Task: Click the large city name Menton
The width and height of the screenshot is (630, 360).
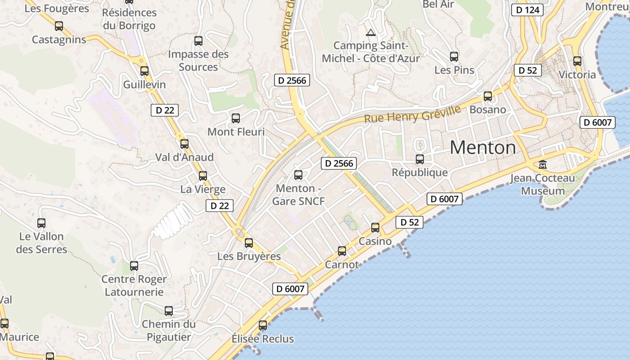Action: click(482, 148)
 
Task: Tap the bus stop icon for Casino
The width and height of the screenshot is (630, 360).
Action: click(375, 228)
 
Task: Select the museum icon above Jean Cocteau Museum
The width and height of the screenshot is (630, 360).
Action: click(543, 165)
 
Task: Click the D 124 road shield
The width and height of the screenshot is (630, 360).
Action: click(528, 10)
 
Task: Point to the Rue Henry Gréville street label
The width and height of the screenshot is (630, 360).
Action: click(412, 114)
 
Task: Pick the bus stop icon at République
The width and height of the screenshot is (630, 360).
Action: click(420, 159)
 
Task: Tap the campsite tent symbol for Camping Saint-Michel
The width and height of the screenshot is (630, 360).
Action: click(370, 32)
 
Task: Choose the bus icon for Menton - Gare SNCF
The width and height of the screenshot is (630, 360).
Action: click(298, 175)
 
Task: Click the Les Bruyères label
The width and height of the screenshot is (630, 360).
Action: click(249, 256)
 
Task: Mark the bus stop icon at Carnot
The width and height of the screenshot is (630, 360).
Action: click(342, 251)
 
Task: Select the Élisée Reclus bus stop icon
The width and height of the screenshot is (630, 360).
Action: click(263, 325)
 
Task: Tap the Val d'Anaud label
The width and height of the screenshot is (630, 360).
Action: click(184, 157)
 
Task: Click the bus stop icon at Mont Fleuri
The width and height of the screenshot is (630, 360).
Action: click(235, 118)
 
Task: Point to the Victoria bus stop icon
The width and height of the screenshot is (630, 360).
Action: click(577, 61)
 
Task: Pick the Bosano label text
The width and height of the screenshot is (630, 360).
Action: click(487, 110)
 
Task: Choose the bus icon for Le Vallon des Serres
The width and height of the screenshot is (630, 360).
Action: click(41, 223)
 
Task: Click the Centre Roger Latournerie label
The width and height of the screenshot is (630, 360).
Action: click(134, 285)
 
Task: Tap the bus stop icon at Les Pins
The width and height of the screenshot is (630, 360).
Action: click(454, 57)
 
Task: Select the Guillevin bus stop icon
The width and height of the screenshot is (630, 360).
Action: click(144, 71)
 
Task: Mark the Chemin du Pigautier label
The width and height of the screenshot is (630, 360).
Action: click(169, 330)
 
